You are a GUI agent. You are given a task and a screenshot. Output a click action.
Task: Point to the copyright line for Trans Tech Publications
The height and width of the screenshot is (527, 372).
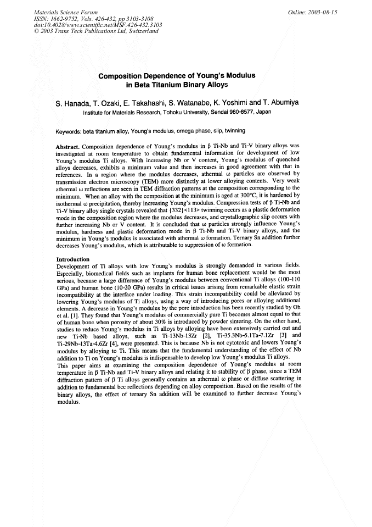(96, 31)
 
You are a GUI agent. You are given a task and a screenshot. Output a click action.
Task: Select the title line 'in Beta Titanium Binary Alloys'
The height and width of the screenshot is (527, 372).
(177, 85)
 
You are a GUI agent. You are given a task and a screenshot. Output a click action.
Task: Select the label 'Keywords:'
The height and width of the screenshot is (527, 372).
(69, 131)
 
